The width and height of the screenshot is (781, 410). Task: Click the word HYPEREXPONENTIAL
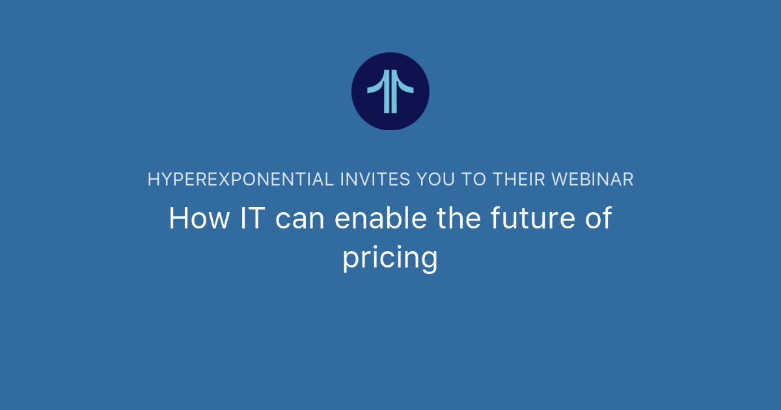[241, 180]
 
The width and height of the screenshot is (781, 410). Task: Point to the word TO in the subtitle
[478, 180]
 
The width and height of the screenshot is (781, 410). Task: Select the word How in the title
[199, 219]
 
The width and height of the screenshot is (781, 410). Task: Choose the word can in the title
[299, 220]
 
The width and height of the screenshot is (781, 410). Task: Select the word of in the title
[596, 219]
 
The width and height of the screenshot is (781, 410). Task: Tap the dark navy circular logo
[390, 91]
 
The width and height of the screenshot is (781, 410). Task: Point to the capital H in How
[178, 219]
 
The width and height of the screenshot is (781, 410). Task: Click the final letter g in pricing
[429, 260]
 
